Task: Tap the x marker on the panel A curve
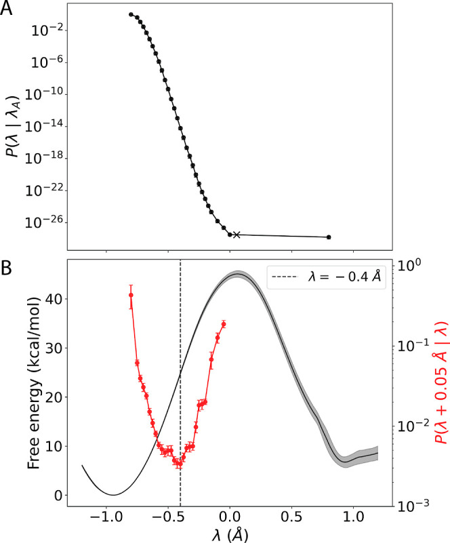tap(236, 235)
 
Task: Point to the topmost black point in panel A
tap(131, 14)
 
